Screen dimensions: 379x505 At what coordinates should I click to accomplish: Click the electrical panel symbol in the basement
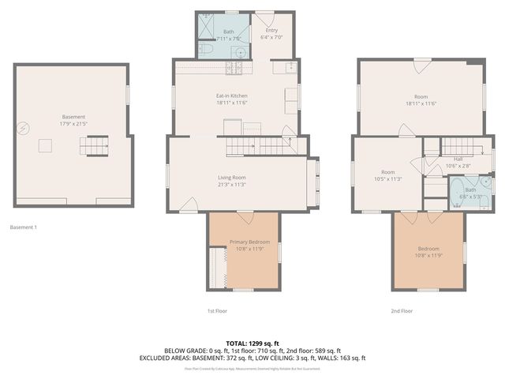point(25,126)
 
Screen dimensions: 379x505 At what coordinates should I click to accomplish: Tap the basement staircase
point(95,145)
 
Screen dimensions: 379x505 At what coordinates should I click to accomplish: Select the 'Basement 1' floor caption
point(24,227)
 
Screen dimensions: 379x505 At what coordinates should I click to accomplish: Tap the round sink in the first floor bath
point(238,51)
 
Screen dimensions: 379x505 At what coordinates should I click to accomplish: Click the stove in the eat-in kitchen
point(234,69)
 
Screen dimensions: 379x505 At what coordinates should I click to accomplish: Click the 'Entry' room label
point(271,30)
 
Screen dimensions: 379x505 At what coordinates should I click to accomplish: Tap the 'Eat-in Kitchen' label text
point(232,97)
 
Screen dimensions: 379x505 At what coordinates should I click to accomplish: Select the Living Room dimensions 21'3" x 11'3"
point(232,184)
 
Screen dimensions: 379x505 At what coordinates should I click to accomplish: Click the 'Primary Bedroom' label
point(249,242)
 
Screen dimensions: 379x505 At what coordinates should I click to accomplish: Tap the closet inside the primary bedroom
point(218,268)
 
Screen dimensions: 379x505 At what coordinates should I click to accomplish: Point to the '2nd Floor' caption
point(402,311)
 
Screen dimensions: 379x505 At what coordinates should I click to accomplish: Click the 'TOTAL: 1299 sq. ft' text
point(252,343)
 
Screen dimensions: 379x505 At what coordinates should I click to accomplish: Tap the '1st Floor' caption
point(217,311)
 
